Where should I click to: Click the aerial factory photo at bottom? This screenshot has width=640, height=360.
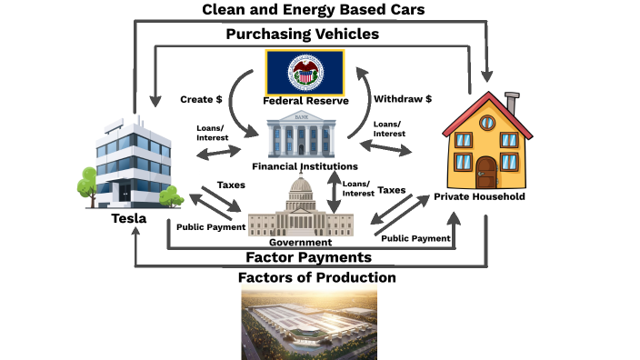[x=309, y=323]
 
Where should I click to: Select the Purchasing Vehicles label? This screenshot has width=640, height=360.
[x=302, y=35]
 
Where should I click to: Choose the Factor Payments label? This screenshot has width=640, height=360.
[x=309, y=257]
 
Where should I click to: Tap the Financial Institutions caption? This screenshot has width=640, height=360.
[x=305, y=167]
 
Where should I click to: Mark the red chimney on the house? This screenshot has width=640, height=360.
[x=511, y=102]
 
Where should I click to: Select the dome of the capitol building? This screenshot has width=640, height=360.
[x=301, y=189]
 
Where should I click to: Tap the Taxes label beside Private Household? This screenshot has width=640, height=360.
[x=390, y=191]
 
